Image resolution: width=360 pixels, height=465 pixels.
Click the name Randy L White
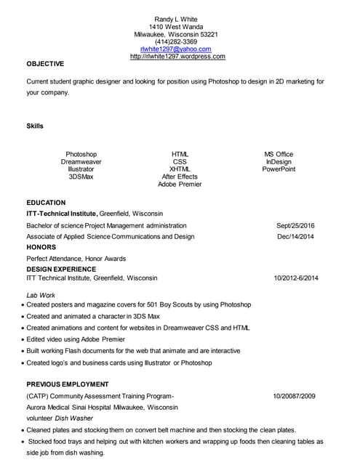click(x=176, y=19)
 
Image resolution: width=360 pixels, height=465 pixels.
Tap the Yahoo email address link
click(x=176, y=49)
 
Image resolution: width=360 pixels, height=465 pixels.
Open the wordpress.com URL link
click(x=177, y=56)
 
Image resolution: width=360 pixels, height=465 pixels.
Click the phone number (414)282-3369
click(x=176, y=41)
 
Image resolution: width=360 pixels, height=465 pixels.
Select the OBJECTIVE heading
click(x=45, y=64)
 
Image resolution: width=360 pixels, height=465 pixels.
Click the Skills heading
click(x=35, y=126)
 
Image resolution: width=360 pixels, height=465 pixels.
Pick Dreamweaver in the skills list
click(x=81, y=162)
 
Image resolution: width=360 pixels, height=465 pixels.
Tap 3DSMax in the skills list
click(x=81, y=177)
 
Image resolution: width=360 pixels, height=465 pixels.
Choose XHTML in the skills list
click(x=180, y=169)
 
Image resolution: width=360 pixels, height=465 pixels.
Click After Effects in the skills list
click(x=180, y=177)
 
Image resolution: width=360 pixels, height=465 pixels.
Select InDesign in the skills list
click(x=279, y=162)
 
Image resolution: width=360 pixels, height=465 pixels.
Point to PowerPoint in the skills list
click(x=279, y=169)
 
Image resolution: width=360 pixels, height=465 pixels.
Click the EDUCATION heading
click(x=46, y=203)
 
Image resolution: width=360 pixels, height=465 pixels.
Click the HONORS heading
click(x=41, y=248)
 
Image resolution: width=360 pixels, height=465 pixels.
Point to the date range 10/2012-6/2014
click(x=295, y=278)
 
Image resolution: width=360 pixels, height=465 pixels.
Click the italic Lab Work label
click(x=41, y=296)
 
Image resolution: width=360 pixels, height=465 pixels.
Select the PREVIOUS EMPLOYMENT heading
click(x=68, y=384)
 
